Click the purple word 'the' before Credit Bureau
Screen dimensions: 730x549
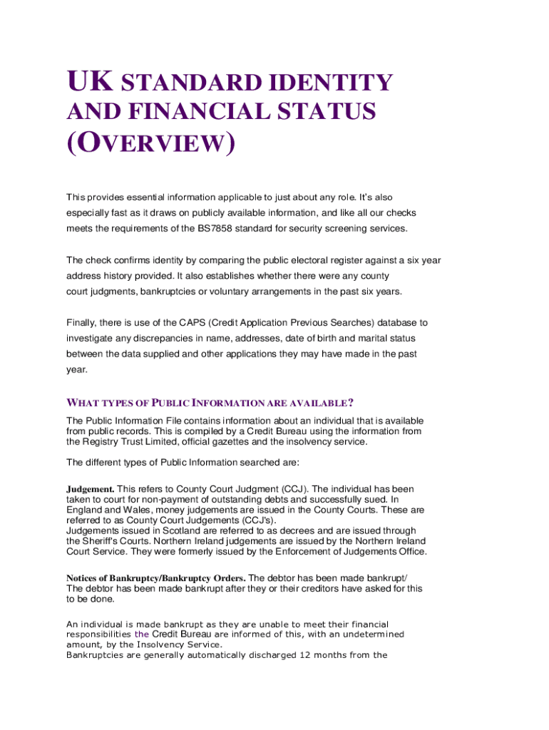pos(141,634)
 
